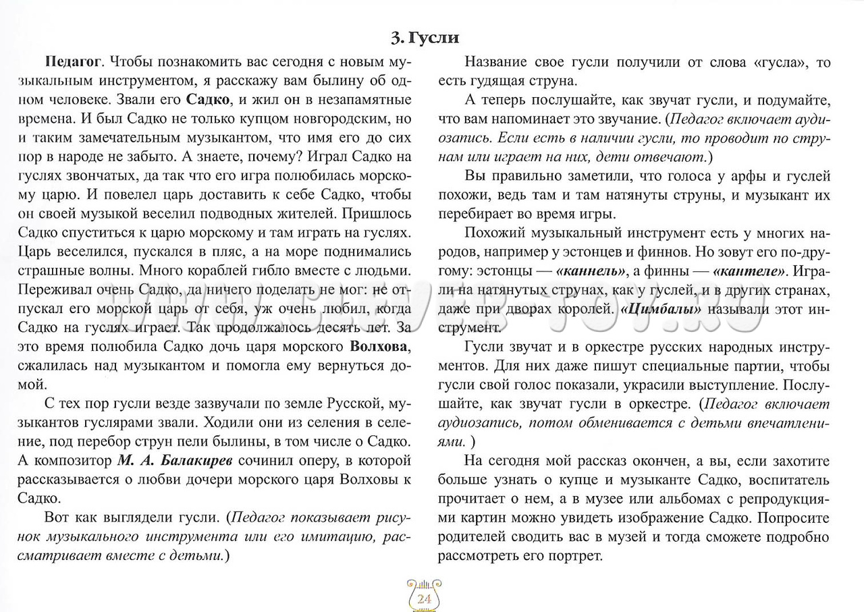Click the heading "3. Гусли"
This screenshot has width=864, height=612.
(425, 38)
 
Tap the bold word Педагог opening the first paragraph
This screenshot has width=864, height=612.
(73, 63)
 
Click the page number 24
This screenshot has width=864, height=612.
(425, 599)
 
